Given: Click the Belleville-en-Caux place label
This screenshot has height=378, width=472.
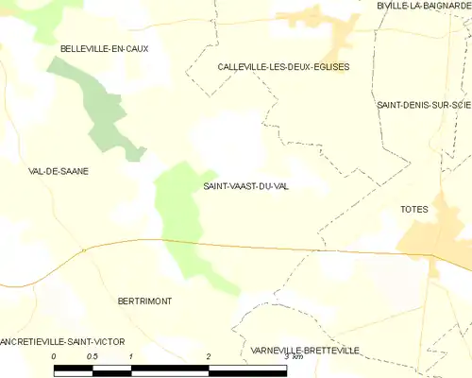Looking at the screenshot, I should (x=105, y=48).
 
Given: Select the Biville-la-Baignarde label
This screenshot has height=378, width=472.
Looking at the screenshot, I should (x=423, y=6).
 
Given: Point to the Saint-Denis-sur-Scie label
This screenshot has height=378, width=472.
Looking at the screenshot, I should (x=423, y=104).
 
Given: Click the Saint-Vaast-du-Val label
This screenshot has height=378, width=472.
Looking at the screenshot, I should (x=246, y=186).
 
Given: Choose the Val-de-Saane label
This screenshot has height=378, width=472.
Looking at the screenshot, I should (x=59, y=171).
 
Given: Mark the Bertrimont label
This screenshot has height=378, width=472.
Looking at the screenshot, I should (x=144, y=301).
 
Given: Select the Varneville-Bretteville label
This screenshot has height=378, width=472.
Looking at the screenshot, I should (x=305, y=351).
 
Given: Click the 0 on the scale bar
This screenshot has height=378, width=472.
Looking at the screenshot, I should (x=54, y=356).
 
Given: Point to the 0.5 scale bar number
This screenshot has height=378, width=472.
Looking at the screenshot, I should (x=92, y=356).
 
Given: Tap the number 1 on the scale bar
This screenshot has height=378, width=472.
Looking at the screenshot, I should (x=130, y=356).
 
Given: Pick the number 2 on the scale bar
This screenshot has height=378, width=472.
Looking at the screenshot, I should (x=208, y=356).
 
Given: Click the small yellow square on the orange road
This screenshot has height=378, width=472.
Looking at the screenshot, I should (x=84, y=250).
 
